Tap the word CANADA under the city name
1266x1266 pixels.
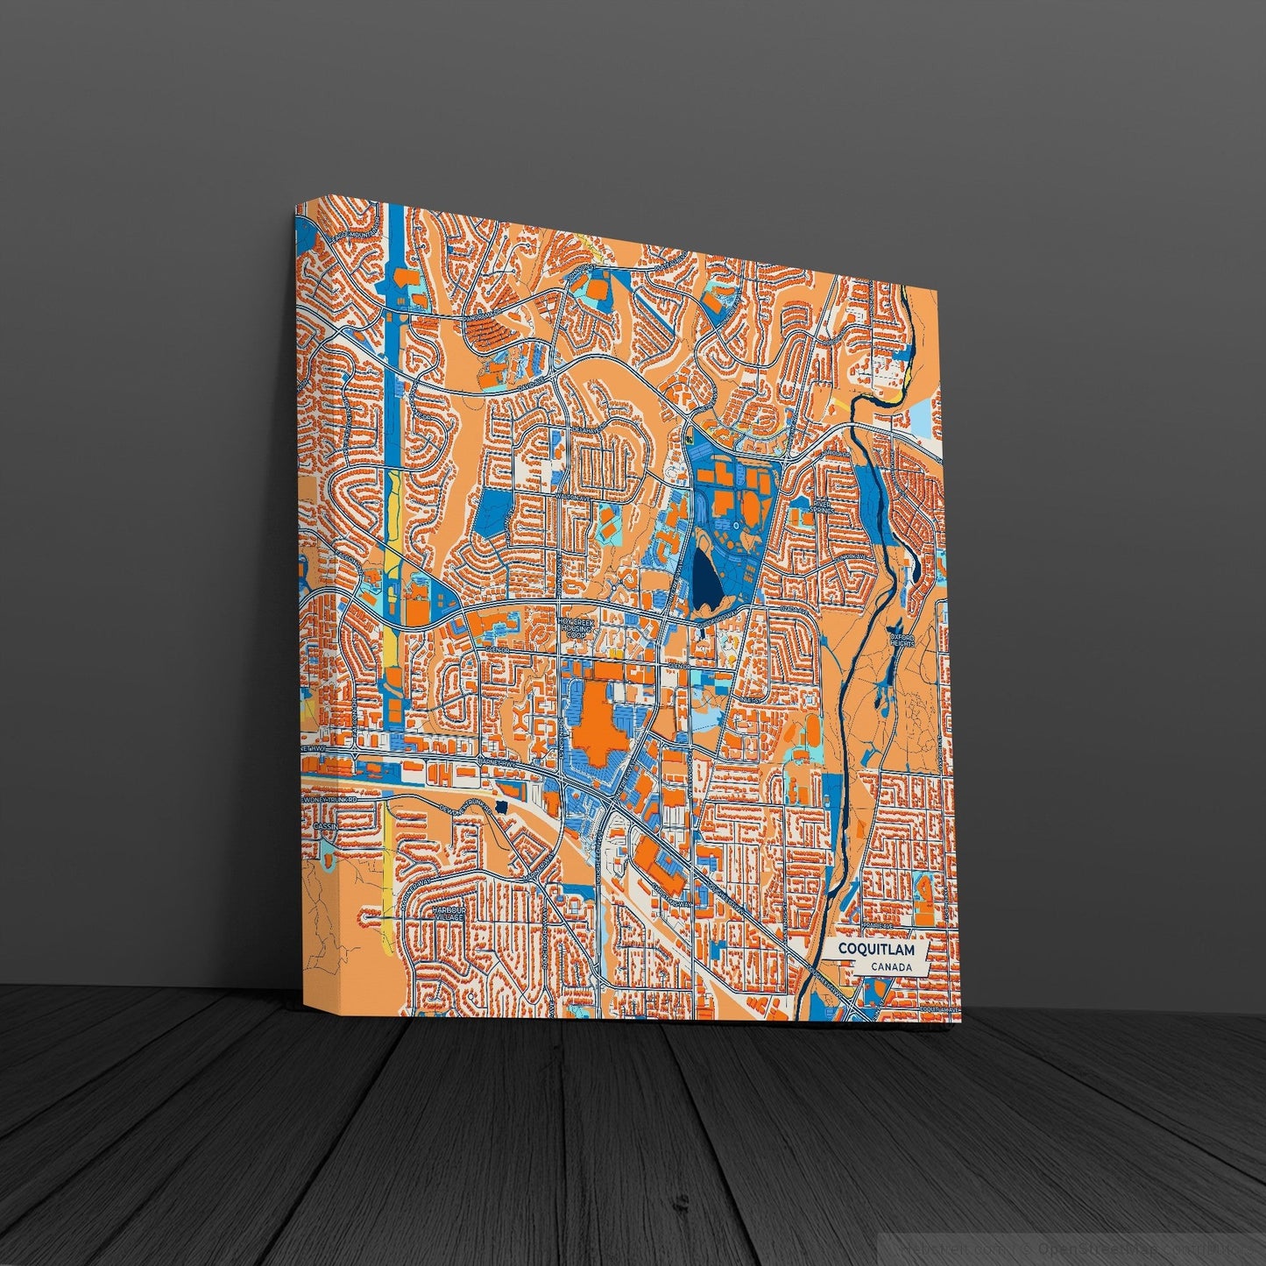[890, 967]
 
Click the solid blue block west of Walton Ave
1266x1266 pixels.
[492, 513]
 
